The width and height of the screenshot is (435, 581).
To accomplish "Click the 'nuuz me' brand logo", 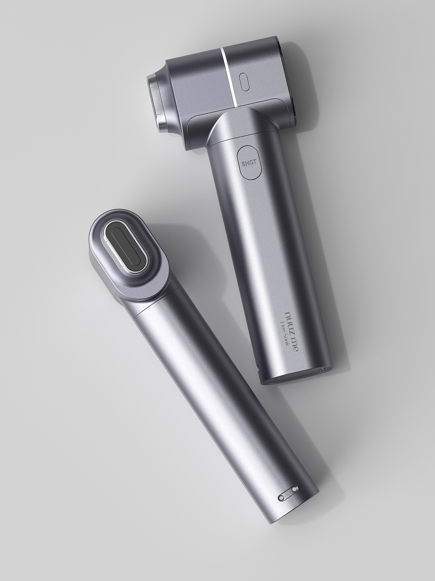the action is click(293, 330).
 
